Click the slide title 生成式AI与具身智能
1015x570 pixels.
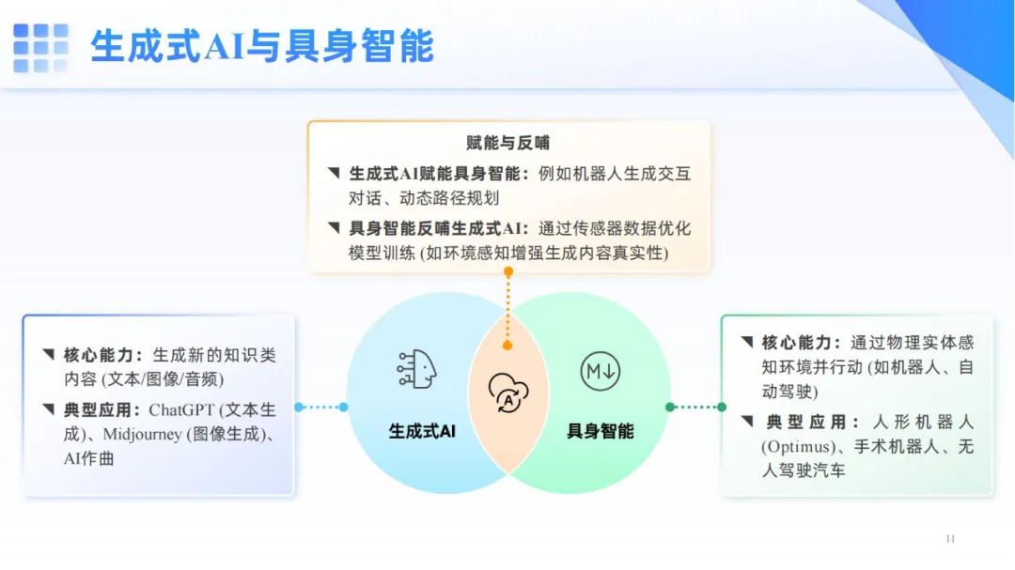pos(262,46)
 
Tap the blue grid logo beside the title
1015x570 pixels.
pos(40,48)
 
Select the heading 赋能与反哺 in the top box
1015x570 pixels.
pos(508,143)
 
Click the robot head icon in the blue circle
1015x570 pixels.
pos(417,369)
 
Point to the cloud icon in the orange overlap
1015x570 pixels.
pos(508,393)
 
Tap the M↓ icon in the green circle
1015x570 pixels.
pos(600,371)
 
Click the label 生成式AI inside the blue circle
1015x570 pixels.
pos(422,431)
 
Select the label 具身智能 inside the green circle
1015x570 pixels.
pos(600,431)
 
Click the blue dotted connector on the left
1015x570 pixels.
pos(321,407)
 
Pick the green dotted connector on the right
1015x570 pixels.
pos(695,407)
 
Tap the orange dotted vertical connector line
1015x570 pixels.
pos(508,309)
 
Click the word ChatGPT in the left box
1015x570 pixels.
pos(181,410)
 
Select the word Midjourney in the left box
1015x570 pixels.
pos(143,434)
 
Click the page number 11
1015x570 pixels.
pos(950,538)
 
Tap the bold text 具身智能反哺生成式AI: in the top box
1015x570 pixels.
pos(439,228)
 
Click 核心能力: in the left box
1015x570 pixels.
pos(103,355)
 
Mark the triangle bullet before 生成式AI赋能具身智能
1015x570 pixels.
pos(334,173)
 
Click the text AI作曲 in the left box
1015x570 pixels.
pos(88,458)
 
